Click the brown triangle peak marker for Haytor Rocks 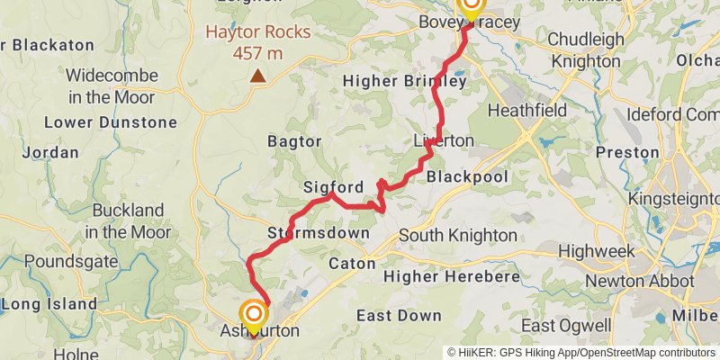click(x=257, y=76)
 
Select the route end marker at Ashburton click(x=255, y=315)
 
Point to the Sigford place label click(x=333, y=188)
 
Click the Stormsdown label click(x=319, y=233)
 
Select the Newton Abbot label click(x=639, y=282)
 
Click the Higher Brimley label click(x=405, y=81)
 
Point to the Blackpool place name click(x=467, y=176)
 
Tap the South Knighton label click(x=457, y=235)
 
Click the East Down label click(x=399, y=315)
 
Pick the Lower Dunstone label click(x=111, y=121)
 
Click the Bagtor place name click(x=294, y=141)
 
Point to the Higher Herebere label click(x=452, y=277)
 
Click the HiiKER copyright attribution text click(x=580, y=353)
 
